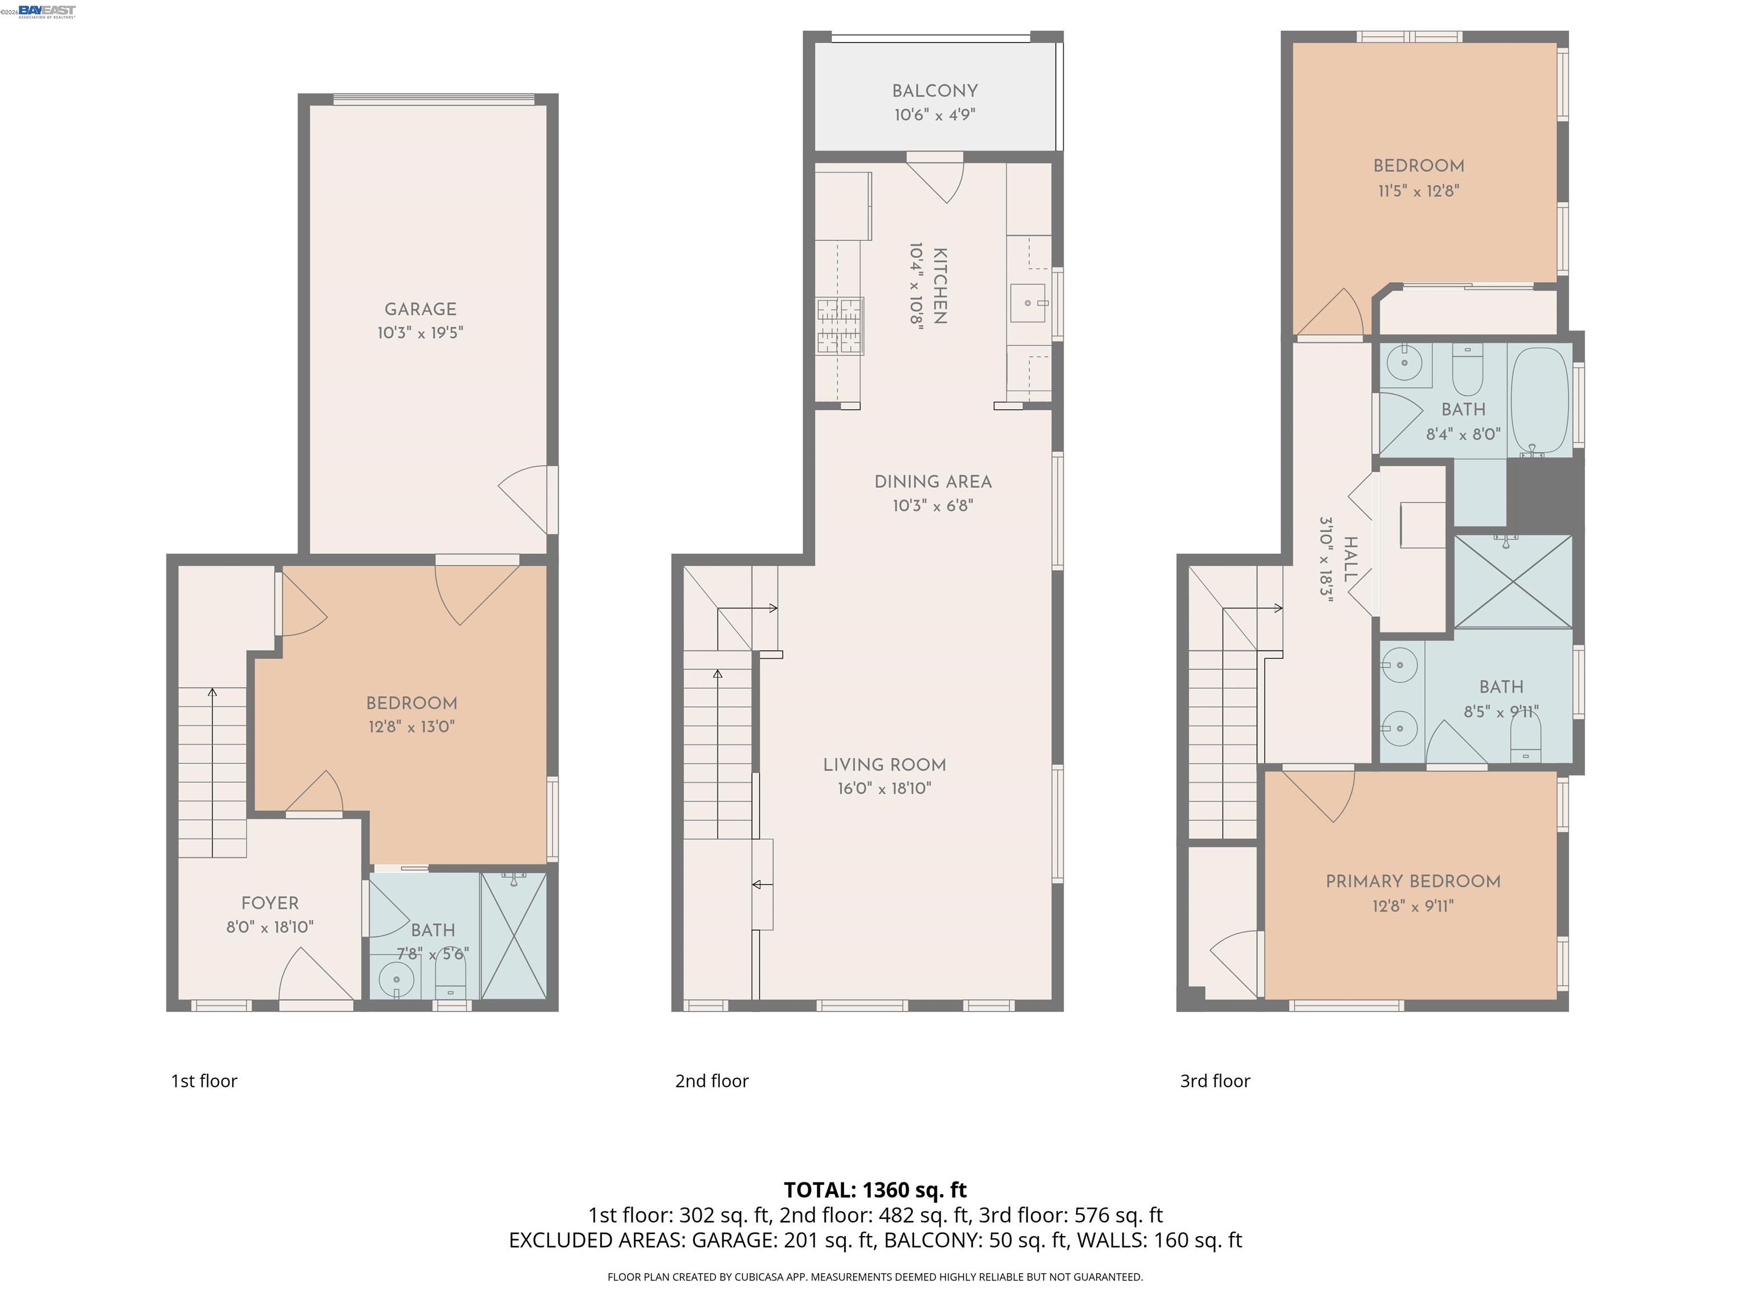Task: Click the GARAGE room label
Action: pyautogui.click(x=420, y=309)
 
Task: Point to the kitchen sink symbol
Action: pyautogui.click(x=1028, y=303)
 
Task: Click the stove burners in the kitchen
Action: pyautogui.click(x=840, y=325)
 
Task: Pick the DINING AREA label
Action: pyautogui.click(x=932, y=482)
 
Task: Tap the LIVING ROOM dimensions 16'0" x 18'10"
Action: pyautogui.click(x=884, y=788)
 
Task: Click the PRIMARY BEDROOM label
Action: pyautogui.click(x=1413, y=882)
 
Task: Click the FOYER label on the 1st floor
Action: pyautogui.click(x=270, y=903)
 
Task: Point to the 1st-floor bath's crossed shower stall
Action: pyautogui.click(x=514, y=936)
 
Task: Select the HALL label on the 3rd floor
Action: pyautogui.click(x=1350, y=560)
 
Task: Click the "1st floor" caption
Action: pyautogui.click(x=204, y=1081)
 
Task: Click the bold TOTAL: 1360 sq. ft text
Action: pyautogui.click(x=875, y=1189)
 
